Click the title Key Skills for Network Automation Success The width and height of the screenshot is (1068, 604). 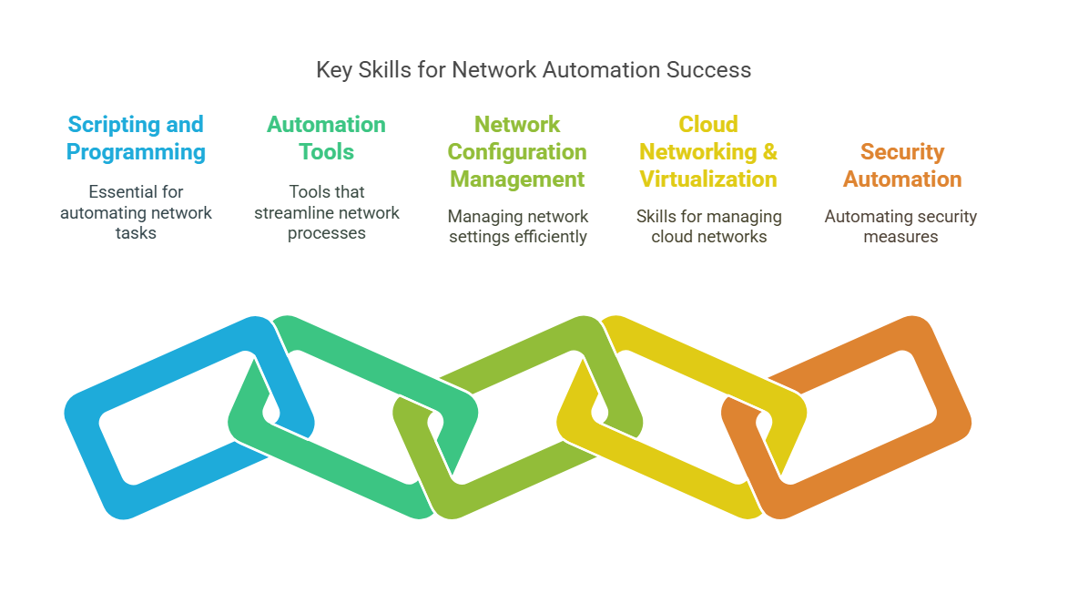click(x=534, y=70)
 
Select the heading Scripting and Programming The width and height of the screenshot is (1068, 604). click(x=136, y=138)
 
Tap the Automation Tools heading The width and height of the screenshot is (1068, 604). click(x=326, y=138)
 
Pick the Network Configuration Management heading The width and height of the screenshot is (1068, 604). click(x=517, y=151)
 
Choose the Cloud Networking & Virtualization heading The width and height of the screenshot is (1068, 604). click(x=708, y=151)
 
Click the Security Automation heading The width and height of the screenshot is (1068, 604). click(x=901, y=165)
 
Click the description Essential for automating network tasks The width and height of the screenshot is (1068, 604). click(x=136, y=212)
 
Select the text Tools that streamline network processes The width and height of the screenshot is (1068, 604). click(x=326, y=212)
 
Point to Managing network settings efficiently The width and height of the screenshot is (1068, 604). click(x=518, y=226)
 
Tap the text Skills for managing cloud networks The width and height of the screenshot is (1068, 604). click(x=709, y=226)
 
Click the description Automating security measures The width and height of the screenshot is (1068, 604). click(x=900, y=226)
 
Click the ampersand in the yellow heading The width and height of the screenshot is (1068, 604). click(x=770, y=151)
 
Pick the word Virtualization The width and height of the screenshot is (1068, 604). click(x=708, y=179)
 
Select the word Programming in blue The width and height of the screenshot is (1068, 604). click(x=136, y=152)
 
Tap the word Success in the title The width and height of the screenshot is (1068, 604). click(x=708, y=69)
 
